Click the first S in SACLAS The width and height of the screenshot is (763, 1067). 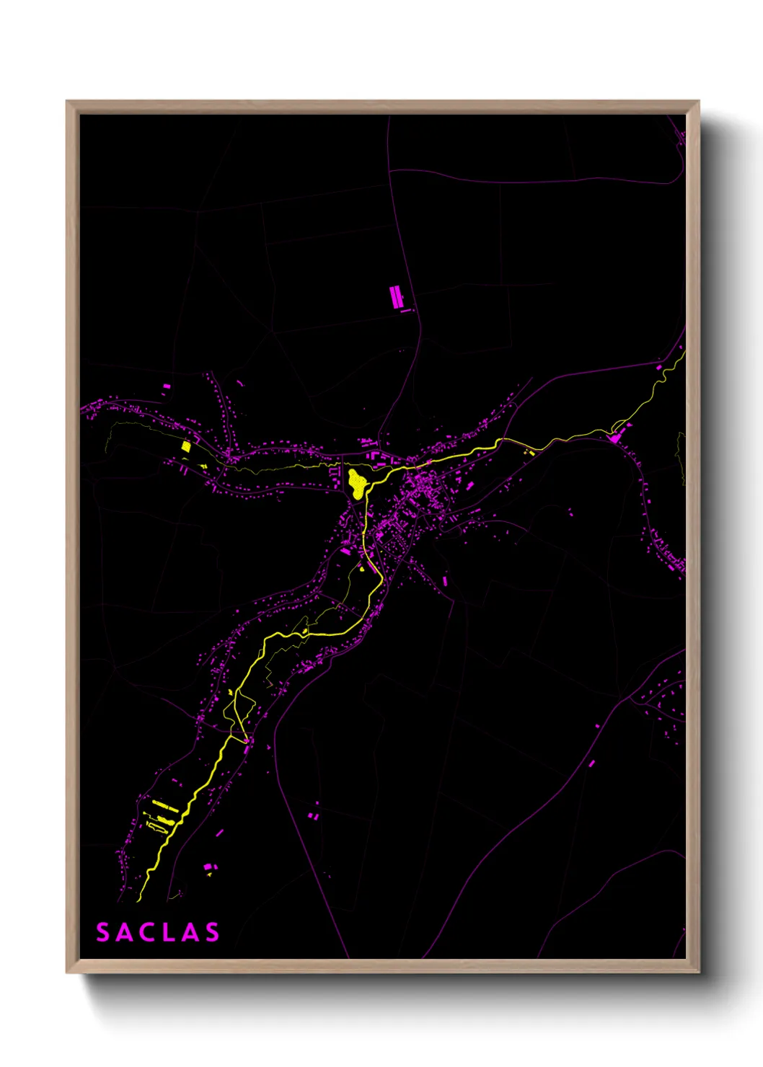click(x=103, y=932)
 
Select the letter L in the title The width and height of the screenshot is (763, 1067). click(x=169, y=932)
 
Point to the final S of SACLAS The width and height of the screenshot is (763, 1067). click(x=212, y=932)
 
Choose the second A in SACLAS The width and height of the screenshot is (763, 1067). click(x=190, y=932)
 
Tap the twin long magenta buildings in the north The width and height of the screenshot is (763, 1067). click(x=395, y=297)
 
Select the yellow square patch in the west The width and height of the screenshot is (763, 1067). click(x=186, y=446)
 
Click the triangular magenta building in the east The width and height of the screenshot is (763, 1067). click(x=615, y=436)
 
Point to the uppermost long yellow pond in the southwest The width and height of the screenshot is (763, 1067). click(x=164, y=805)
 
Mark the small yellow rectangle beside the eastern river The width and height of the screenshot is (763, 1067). click(x=531, y=452)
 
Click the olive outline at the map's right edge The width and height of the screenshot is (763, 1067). click(x=680, y=456)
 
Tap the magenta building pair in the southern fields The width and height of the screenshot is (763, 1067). click(x=314, y=815)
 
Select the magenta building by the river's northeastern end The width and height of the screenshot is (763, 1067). click(x=659, y=368)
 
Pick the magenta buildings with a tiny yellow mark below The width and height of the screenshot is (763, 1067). click(x=208, y=867)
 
